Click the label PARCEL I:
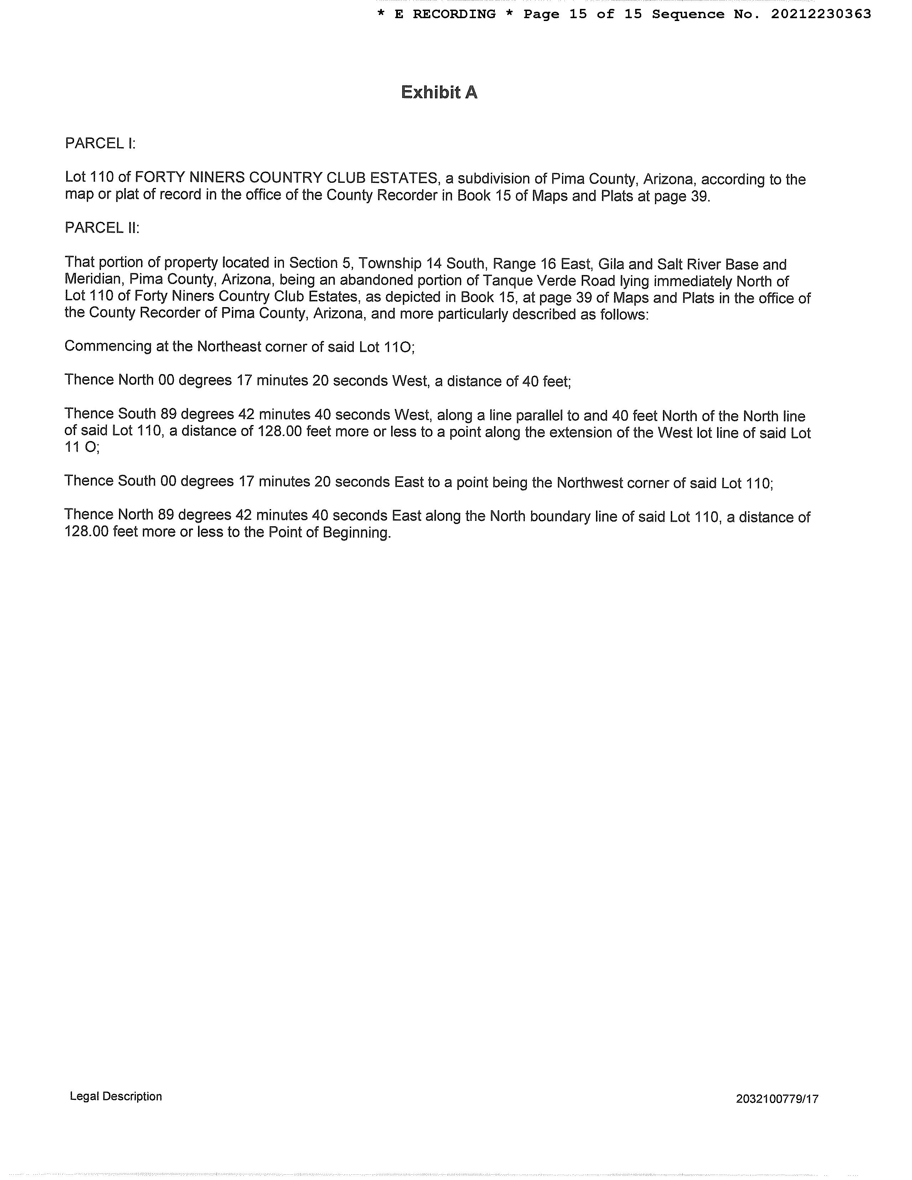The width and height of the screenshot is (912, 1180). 100,143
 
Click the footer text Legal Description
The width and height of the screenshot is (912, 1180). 116,1096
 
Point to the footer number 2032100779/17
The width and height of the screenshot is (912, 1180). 777,1098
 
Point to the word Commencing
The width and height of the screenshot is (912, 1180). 108,346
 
